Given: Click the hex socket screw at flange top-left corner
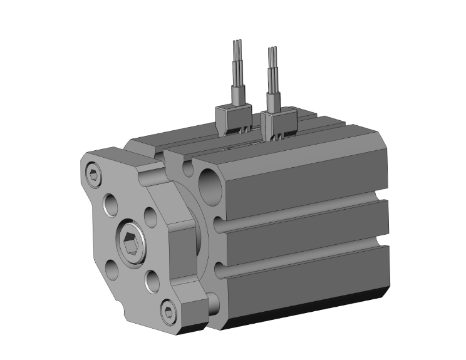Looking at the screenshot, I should [x=94, y=176].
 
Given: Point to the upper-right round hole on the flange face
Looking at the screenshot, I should [x=150, y=216].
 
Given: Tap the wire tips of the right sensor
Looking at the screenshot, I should [x=272, y=52].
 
